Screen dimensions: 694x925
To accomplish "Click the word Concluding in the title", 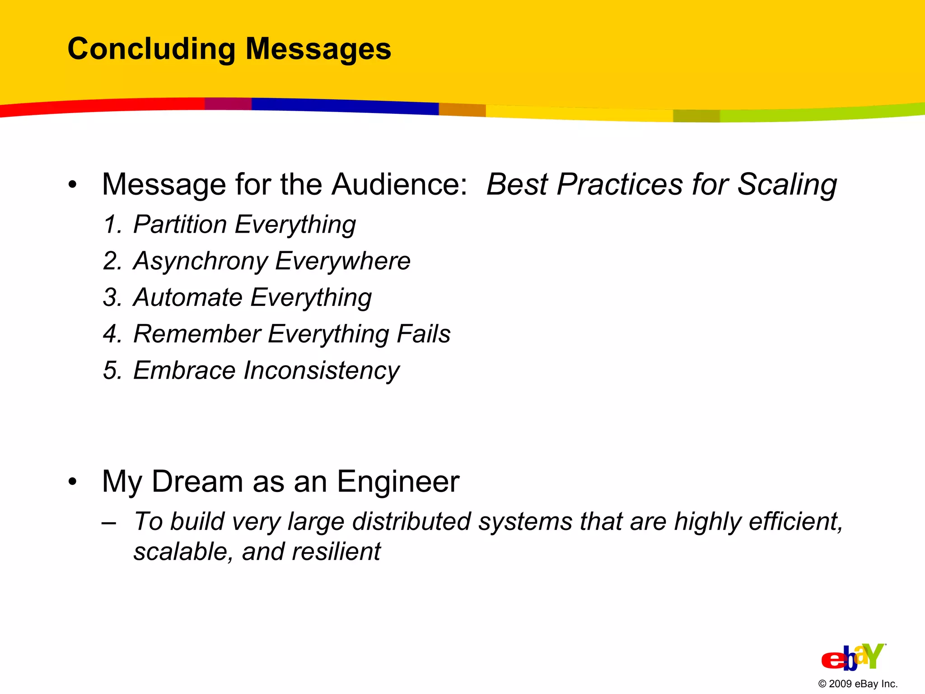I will click(x=151, y=49).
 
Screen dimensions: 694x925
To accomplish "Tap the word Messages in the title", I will click(x=318, y=49).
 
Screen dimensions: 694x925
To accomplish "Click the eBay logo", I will click(x=853, y=657).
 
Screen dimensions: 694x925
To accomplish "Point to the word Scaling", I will click(x=787, y=184).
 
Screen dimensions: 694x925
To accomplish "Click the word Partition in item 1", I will click(x=180, y=225).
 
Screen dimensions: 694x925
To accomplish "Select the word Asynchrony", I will click(x=201, y=261).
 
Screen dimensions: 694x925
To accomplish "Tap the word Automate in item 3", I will click(x=188, y=298).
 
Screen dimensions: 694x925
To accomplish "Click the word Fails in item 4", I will click(x=423, y=334).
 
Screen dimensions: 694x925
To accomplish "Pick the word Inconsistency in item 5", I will click(x=321, y=370).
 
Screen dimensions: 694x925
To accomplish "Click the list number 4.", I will click(x=111, y=334).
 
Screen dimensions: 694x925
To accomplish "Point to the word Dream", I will click(x=197, y=482).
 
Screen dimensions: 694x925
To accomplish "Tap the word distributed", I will click(x=411, y=521).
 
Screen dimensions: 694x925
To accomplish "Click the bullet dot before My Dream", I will click(x=73, y=482).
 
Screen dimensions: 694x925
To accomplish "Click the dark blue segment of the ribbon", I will click(x=343, y=105).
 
